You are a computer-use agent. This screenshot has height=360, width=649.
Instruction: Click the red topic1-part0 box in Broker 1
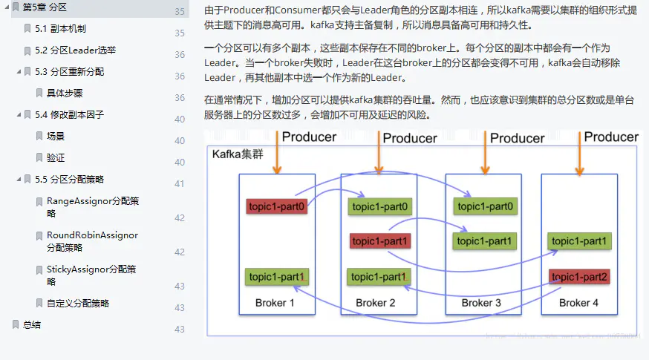click(x=276, y=206)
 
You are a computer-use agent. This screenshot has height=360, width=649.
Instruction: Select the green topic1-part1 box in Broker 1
click(x=276, y=277)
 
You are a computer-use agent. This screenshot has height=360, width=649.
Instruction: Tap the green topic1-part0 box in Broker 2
click(x=379, y=206)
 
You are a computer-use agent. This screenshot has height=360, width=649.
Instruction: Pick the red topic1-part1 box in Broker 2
click(x=379, y=241)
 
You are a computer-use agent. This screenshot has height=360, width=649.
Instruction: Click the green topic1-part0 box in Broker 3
click(x=486, y=206)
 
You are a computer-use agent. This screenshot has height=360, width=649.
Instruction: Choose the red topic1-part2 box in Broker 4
click(x=579, y=277)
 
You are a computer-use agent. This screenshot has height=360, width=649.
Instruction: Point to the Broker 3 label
click(x=481, y=303)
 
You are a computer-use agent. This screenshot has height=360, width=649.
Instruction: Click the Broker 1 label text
click(x=275, y=303)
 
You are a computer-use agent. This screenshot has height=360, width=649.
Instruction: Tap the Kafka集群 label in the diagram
click(x=237, y=154)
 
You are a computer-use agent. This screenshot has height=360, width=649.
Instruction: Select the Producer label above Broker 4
click(x=610, y=137)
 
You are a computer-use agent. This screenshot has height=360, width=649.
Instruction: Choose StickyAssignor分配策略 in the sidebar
click(x=91, y=275)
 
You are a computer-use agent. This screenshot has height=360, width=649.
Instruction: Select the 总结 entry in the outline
click(x=32, y=325)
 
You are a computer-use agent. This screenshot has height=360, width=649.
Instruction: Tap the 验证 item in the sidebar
click(x=56, y=158)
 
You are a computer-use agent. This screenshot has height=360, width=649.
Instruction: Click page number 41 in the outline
click(x=180, y=184)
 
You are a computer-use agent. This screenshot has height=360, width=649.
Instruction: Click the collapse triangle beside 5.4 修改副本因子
click(x=19, y=116)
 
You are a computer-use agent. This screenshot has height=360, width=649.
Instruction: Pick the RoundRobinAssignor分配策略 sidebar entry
click(x=92, y=241)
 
